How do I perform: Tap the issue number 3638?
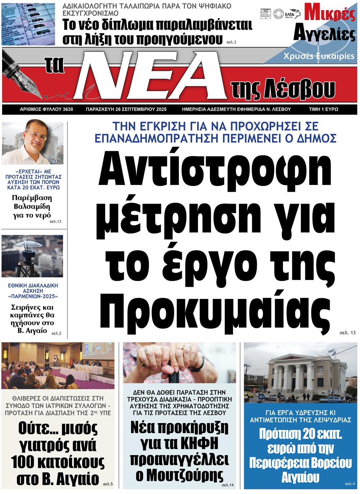click(68, 109)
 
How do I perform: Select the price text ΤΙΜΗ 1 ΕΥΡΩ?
click(323, 109)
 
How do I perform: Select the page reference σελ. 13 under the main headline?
click(347, 333)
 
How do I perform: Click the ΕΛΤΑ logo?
click(289, 14)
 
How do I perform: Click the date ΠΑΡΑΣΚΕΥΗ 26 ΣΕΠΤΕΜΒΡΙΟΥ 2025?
click(126, 109)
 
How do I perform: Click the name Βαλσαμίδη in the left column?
click(32, 207)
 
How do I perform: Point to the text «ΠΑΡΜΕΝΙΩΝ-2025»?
click(33, 296)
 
